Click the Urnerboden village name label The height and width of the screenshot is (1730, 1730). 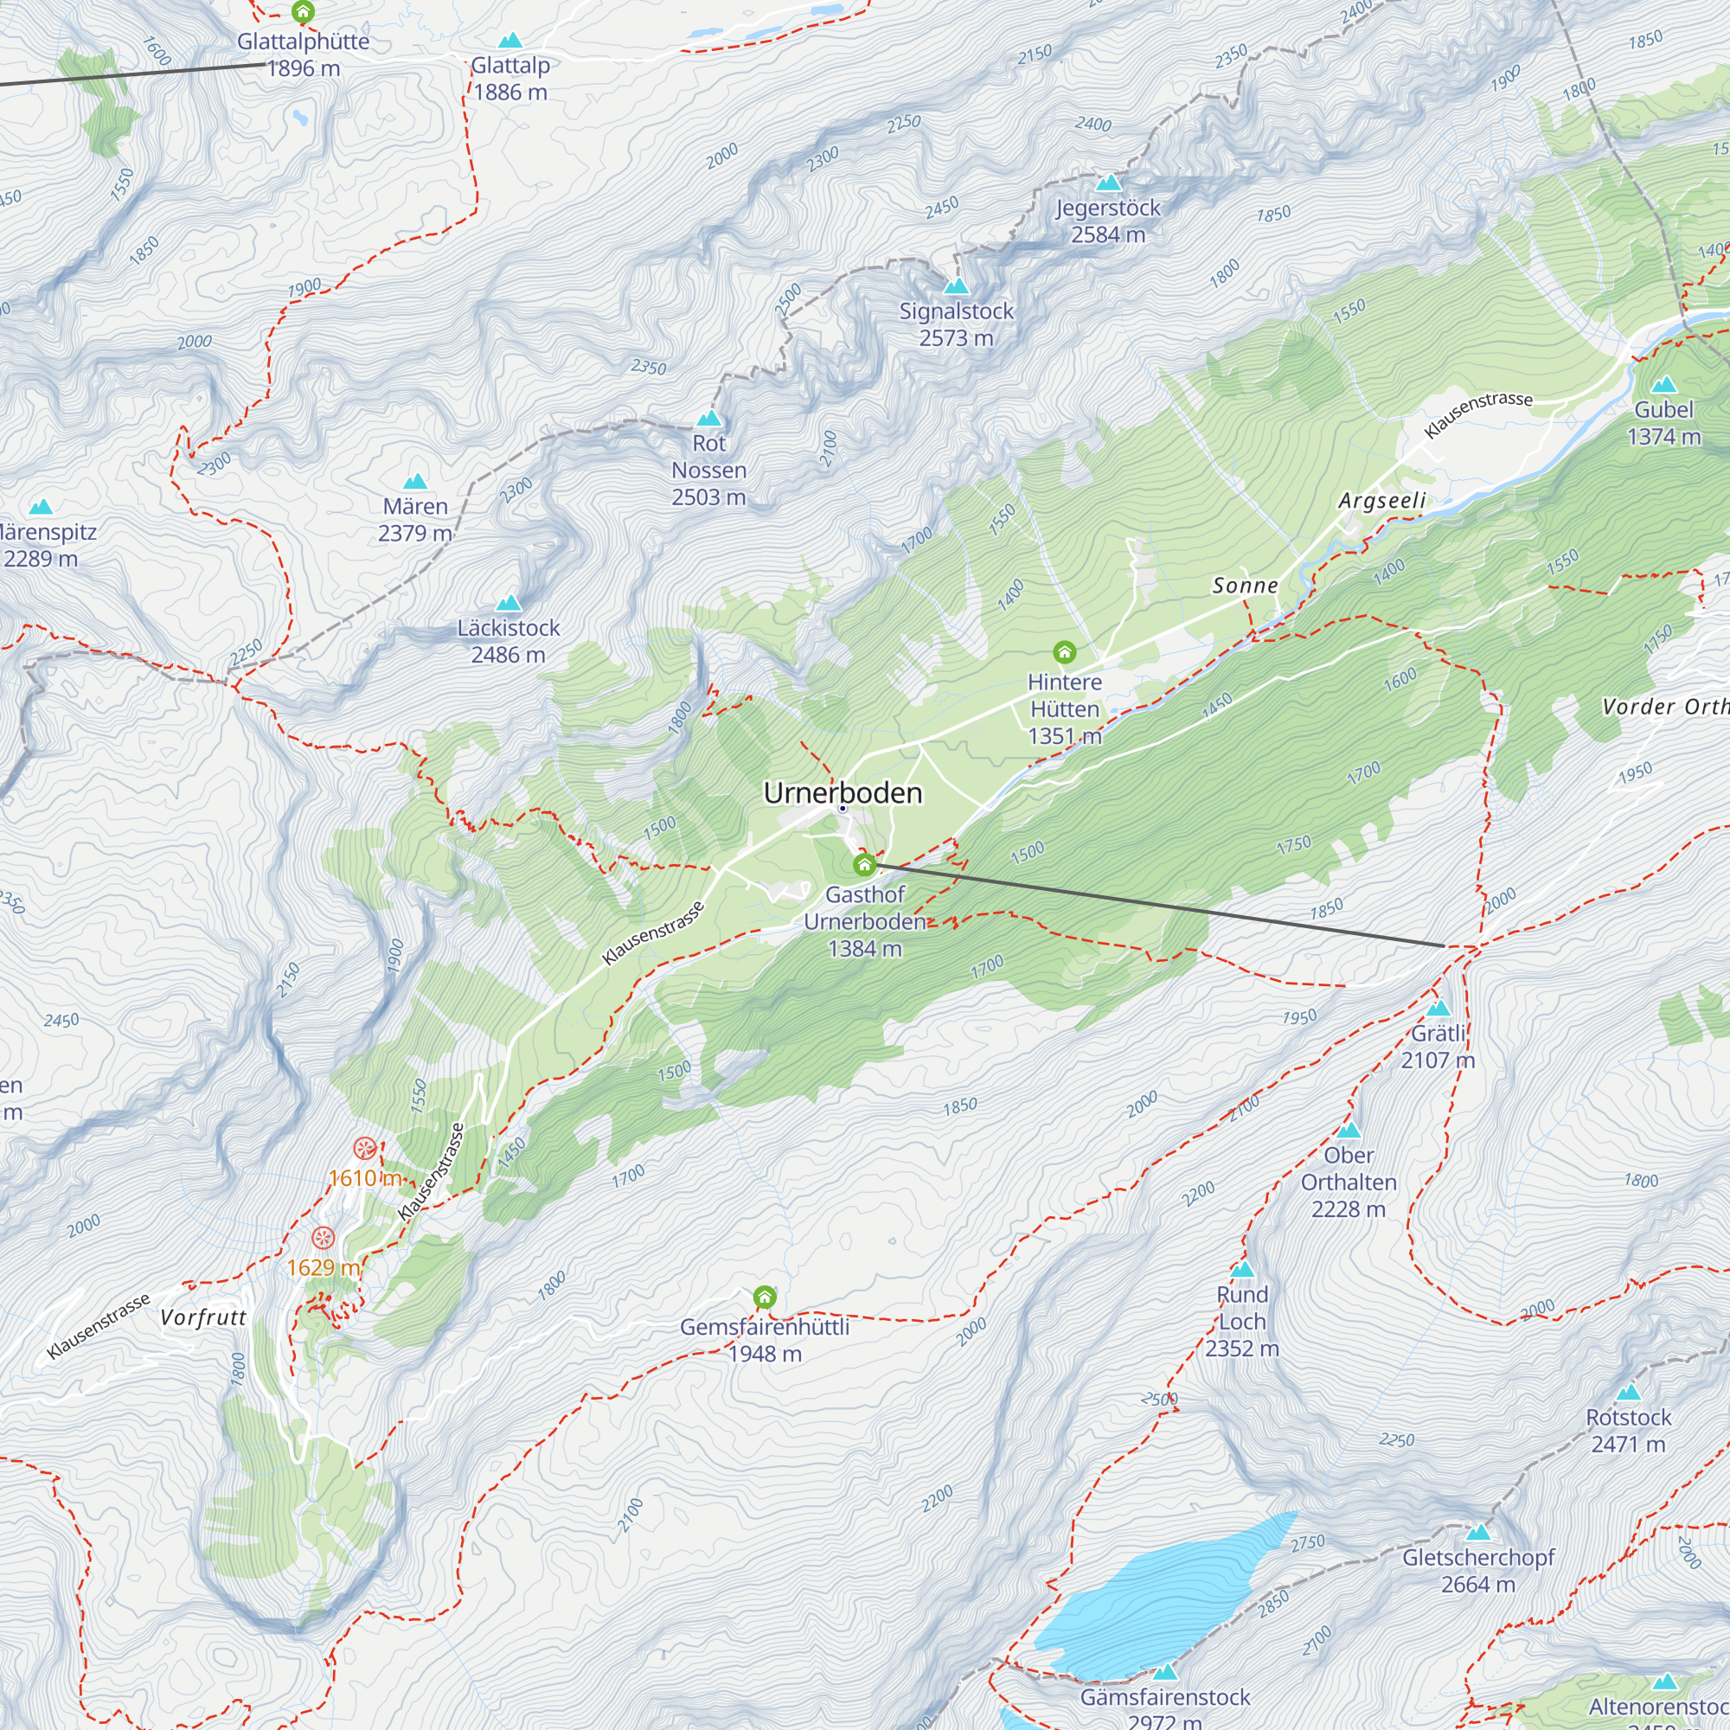pyautogui.click(x=843, y=793)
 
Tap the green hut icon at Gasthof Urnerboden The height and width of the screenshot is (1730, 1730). pyautogui.click(x=864, y=865)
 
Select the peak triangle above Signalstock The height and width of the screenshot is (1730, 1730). pyautogui.click(x=957, y=286)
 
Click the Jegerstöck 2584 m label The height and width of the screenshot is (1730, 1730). pyautogui.click(x=1108, y=221)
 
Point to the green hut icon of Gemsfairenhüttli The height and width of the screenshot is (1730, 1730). pyautogui.click(x=764, y=1297)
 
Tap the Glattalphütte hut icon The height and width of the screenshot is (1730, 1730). pyautogui.click(x=304, y=12)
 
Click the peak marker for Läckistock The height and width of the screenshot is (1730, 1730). pyautogui.click(x=509, y=603)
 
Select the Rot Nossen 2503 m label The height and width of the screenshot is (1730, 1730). pyautogui.click(x=708, y=470)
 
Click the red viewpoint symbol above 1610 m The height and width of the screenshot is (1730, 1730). pyautogui.click(x=364, y=1148)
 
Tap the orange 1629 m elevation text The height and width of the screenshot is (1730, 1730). pyautogui.click(x=324, y=1267)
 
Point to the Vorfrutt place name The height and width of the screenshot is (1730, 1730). pyautogui.click(x=203, y=1317)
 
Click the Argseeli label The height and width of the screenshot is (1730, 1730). pyautogui.click(x=1381, y=501)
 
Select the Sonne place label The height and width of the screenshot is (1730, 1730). pyautogui.click(x=1245, y=586)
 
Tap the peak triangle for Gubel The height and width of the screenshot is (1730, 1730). pyautogui.click(x=1663, y=385)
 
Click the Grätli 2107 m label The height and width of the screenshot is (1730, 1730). pyautogui.click(x=1437, y=1047)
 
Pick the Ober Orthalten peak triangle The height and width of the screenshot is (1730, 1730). pyautogui.click(x=1349, y=1131)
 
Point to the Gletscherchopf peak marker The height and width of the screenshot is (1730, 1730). pyautogui.click(x=1478, y=1533)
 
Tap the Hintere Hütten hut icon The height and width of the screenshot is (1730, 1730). pyautogui.click(x=1064, y=652)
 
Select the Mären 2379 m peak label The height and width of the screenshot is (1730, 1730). pyautogui.click(x=414, y=519)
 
